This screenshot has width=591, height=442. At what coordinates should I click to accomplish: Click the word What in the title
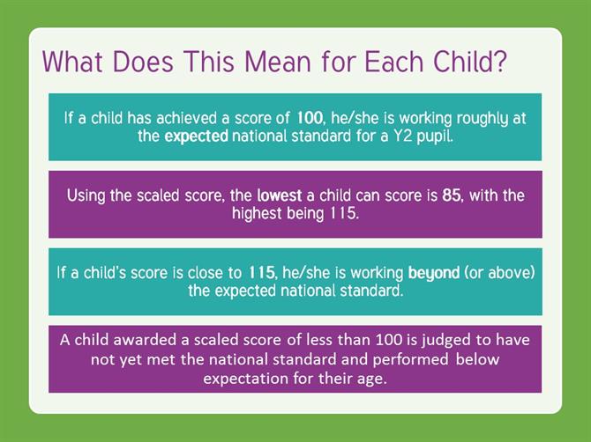click(72, 62)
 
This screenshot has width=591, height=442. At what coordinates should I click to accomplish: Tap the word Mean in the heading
click(277, 62)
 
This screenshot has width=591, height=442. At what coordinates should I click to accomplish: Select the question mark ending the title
click(500, 61)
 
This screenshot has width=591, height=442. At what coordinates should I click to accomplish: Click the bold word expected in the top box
click(196, 136)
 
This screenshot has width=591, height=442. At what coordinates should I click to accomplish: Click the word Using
click(86, 196)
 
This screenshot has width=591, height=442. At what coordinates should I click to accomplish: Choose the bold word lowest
click(280, 195)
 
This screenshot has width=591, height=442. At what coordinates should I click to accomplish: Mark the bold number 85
click(452, 195)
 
